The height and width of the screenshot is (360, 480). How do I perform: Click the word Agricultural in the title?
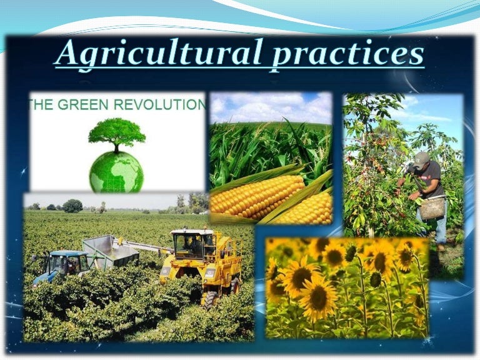159,54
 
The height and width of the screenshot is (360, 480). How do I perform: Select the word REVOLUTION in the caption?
160,105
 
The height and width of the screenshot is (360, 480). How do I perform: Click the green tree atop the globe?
117,134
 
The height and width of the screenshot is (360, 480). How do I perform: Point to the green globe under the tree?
116,172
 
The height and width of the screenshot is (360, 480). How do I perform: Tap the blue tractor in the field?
61,266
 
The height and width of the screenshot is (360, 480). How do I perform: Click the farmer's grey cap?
421,159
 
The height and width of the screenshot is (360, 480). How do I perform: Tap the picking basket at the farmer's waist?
432,208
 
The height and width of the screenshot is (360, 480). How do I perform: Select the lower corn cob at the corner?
306,209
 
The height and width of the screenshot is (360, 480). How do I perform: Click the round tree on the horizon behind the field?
72,206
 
